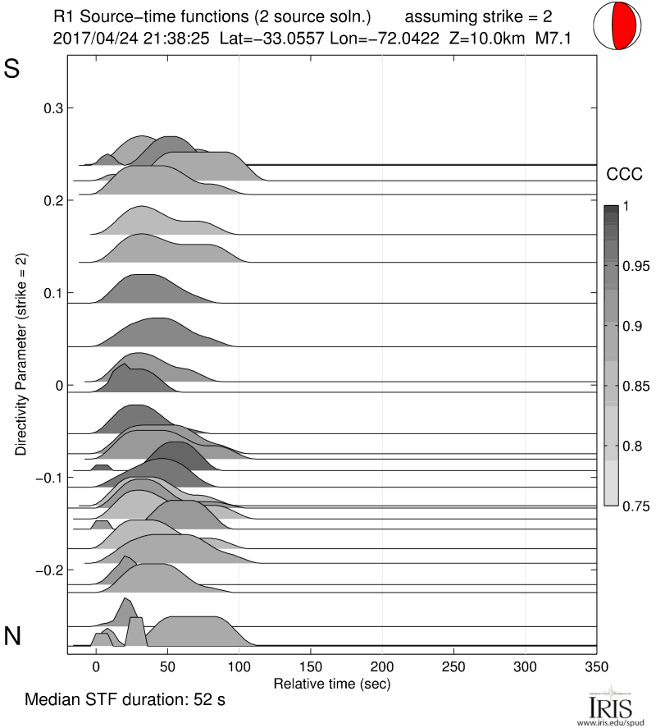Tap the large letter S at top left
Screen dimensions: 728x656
pos(11,70)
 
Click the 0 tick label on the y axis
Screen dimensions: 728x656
pos(57,385)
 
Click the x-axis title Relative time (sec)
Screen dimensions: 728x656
pos(331,683)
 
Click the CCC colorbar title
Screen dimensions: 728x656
pos(621,174)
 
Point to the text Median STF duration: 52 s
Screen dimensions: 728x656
pos(125,700)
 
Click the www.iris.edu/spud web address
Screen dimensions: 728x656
pos(614,721)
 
